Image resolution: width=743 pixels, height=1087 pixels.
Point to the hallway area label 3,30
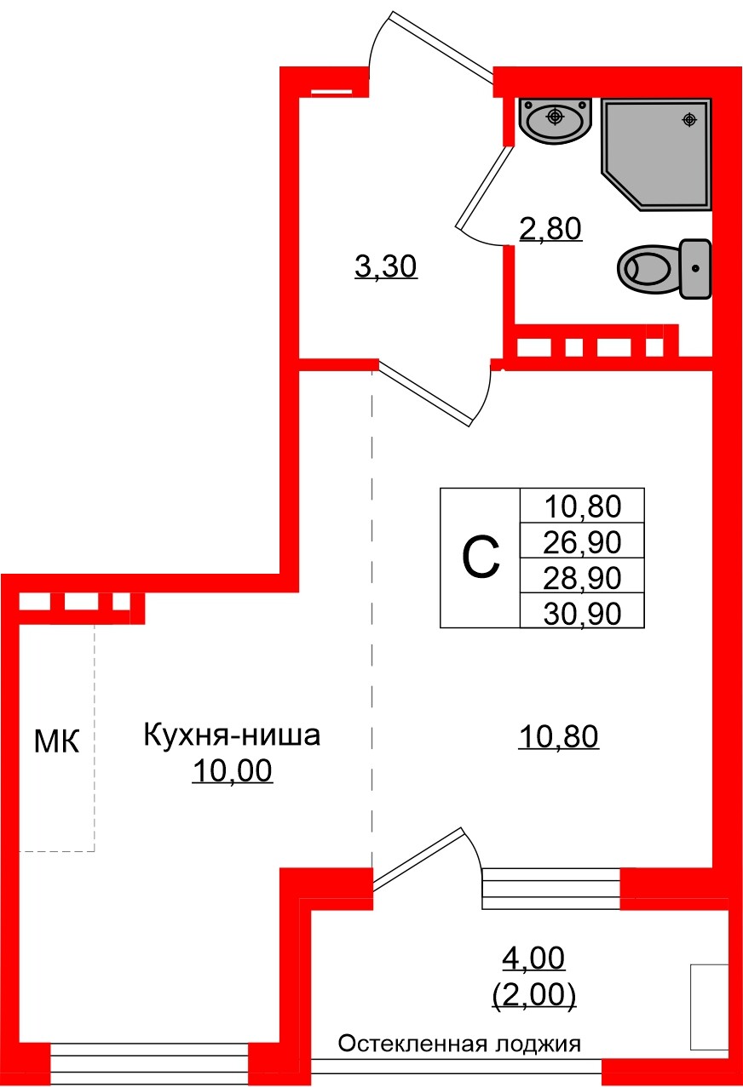(x=385, y=267)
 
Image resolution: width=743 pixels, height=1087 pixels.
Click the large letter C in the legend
(x=480, y=558)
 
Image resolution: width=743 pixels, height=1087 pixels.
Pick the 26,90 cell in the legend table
(x=583, y=541)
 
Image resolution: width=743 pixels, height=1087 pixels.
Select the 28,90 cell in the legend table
(x=583, y=577)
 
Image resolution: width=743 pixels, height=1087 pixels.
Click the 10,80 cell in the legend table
(x=583, y=507)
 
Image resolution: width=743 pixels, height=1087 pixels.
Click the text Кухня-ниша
(x=232, y=734)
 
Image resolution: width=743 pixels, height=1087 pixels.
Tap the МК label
(x=56, y=741)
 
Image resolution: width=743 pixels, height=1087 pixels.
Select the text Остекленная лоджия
(x=459, y=1044)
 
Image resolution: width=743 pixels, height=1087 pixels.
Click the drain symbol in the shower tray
(x=688, y=120)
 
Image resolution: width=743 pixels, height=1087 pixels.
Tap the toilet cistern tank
(x=695, y=268)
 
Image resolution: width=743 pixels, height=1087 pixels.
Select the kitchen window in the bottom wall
(x=149, y=1061)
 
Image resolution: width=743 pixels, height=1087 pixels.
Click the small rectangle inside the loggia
(x=709, y=1007)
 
